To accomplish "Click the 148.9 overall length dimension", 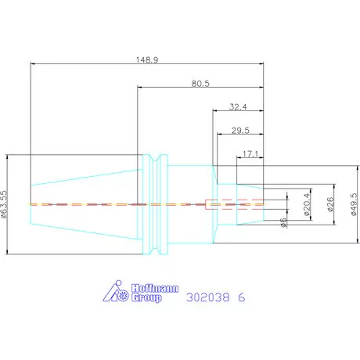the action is pos(147,60).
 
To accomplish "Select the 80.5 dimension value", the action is pos(200,84).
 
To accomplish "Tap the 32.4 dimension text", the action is pos(238,107).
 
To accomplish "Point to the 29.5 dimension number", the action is pos(240,130).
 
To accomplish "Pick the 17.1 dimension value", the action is pos(250,154).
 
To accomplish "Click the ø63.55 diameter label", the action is pos(4,204).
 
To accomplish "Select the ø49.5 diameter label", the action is pos(354,204).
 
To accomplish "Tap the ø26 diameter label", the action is pos(330,204).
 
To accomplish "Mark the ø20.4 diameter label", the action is pos(308,204).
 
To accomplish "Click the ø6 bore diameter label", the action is pos(283,222).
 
